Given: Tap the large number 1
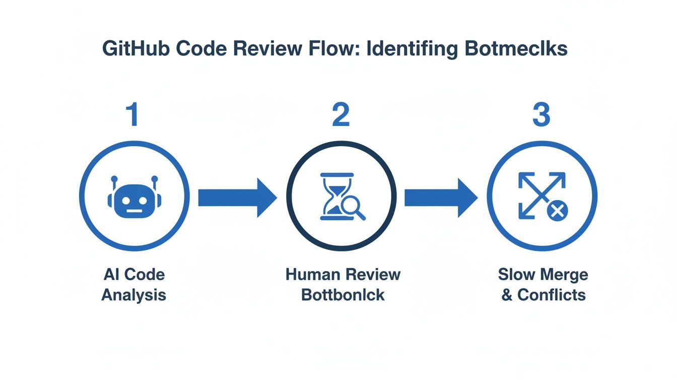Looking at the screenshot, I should tap(132, 114).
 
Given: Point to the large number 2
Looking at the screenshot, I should tap(341, 114).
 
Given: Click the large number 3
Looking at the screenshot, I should tap(541, 114).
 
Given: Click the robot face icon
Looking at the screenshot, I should tap(134, 200).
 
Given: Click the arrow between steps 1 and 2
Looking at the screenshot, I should tap(237, 198).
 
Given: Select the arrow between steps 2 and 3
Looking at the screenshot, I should tap(441, 198).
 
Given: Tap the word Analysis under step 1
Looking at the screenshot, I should tap(134, 294).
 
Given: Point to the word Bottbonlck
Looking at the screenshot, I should tap(343, 294).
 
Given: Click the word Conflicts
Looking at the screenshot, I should tap(552, 294).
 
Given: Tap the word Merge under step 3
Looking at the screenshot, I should tap(565, 275).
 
